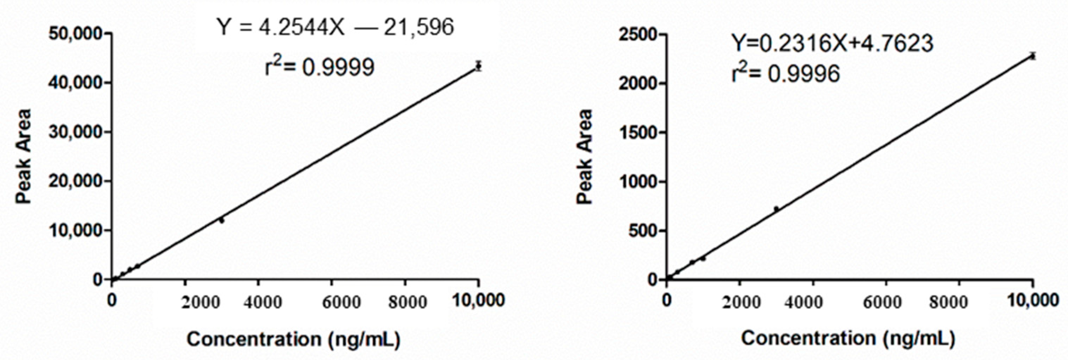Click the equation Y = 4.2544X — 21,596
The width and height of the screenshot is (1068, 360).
[335, 28]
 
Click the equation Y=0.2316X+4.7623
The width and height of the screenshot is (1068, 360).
[832, 43]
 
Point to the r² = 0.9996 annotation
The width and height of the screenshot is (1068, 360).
[786, 74]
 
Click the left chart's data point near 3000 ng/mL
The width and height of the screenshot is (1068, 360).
[222, 221]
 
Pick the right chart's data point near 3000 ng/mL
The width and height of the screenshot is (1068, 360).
[776, 209]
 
